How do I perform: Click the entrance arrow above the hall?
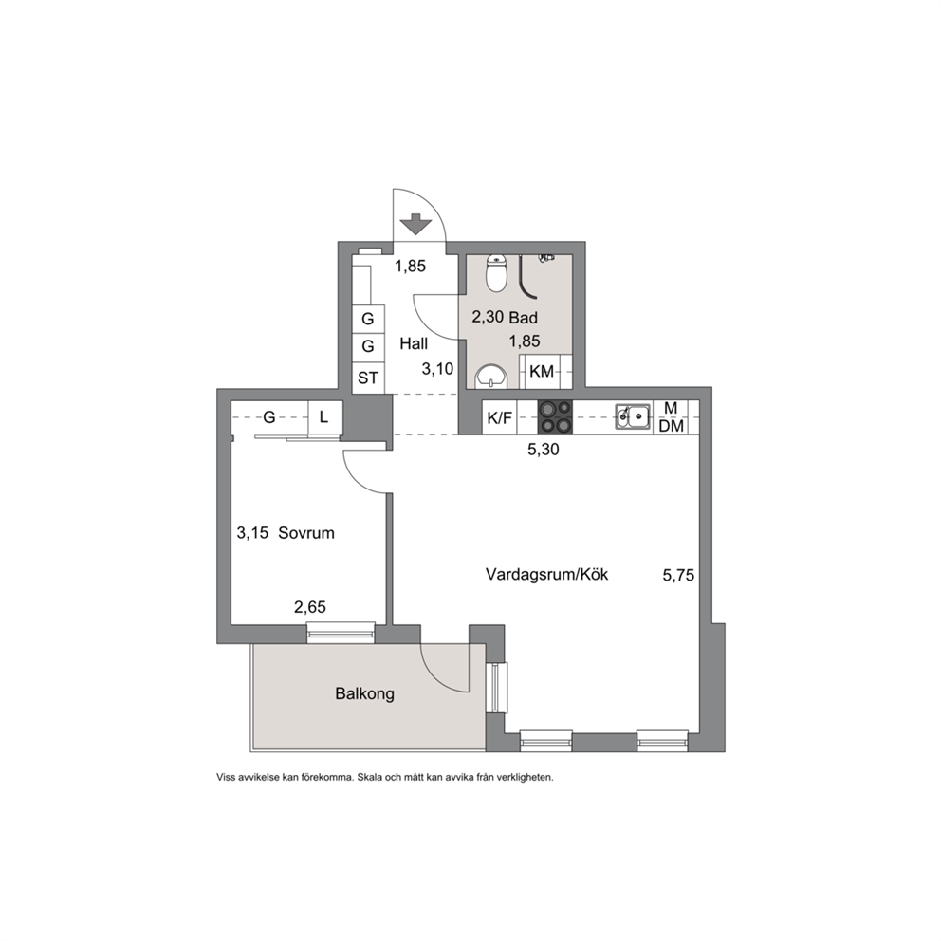[415, 225]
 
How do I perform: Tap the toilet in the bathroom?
[496, 272]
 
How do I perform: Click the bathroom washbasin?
[491, 377]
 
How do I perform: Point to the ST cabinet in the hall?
[368, 378]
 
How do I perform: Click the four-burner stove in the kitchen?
[555, 416]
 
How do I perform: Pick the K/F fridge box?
[500, 417]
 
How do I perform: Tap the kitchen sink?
[633, 415]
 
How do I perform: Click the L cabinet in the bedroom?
[324, 417]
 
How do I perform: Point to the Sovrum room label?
[306, 533]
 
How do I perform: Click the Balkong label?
[365, 694]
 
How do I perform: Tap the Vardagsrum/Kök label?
[546, 575]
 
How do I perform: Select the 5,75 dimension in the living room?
[678, 576]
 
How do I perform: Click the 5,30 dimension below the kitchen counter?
[544, 450]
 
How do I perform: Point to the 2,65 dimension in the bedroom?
[309, 608]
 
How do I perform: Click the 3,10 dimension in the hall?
[437, 368]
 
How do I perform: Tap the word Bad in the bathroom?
[524, 318]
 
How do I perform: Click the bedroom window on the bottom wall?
[341, 633]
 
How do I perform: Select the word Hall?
[415, 344]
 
